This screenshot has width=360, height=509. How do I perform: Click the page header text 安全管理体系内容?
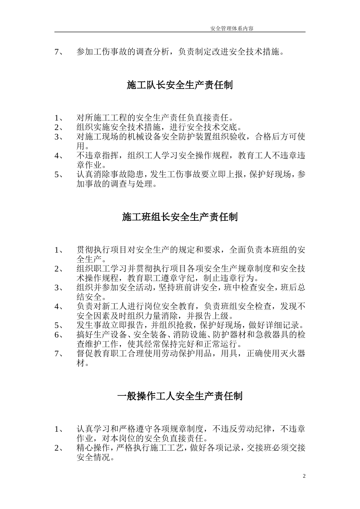pos(234,28)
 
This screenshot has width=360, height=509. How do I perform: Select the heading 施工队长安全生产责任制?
pos(180,85)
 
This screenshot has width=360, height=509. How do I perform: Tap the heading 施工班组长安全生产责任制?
pos(180,217)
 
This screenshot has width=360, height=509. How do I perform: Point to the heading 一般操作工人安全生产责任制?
pos(180,396)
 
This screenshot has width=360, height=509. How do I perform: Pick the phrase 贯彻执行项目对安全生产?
pos(123,250)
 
